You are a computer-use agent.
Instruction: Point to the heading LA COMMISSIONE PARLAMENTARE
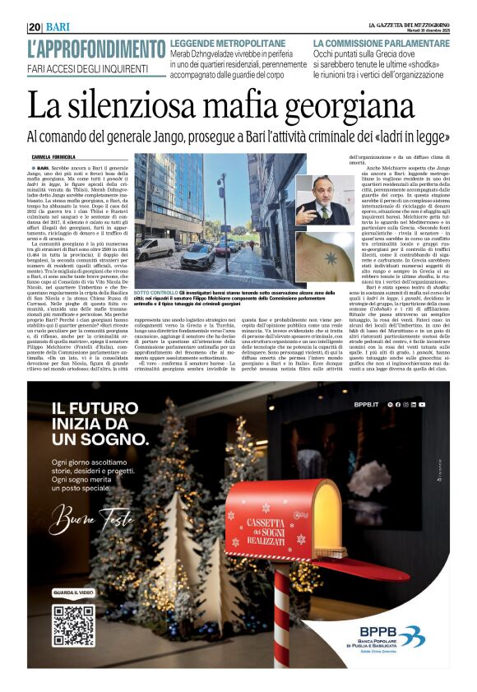(x=375, y=41)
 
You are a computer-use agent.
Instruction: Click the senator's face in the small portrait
(x=324, y=191)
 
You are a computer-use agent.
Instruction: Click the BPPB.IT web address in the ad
(x=364, y=404)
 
